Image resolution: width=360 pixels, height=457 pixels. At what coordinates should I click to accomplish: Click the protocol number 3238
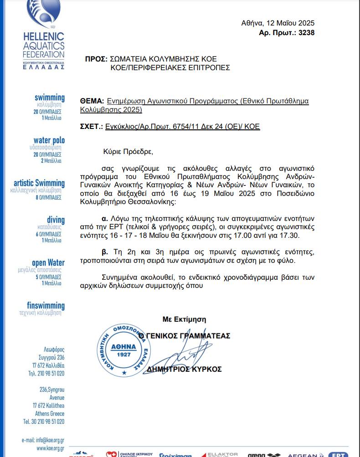click(x=306, y=32)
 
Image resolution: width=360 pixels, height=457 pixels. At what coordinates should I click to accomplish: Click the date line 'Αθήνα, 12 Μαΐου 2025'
click(x=278, y=23)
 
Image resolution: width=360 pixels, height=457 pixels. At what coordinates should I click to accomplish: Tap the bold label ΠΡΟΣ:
click(x=96, y=59)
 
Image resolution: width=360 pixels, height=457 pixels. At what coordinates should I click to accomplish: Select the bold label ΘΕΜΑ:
click(x=91, y=101)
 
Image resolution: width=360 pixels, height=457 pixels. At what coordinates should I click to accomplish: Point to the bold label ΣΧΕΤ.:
click(x=91, y=127)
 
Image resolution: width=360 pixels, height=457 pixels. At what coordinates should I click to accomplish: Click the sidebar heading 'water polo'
click(x=49, y=140)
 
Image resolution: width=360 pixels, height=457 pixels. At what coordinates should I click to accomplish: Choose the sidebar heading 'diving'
click(x=56, y=220)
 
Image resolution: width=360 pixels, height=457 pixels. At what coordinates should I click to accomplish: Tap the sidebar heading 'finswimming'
click(x=46, y=305)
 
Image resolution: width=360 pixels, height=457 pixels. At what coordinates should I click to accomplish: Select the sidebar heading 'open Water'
click(x=48, y=262)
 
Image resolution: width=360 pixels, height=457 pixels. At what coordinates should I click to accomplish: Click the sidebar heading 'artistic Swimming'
click(x=39, y=183)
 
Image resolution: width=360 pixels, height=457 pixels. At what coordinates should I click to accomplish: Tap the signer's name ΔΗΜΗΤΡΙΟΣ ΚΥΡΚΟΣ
click(x=184, y=369)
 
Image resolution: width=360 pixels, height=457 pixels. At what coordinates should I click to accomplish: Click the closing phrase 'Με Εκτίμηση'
click(x=184, y=319)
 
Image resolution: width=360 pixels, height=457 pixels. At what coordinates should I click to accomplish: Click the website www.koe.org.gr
click(x=50, y=448)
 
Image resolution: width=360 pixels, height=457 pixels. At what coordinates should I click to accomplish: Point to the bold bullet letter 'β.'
click(x=105, y=252)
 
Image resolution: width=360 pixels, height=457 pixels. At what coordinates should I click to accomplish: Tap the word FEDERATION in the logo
click(x=43, y=54)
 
